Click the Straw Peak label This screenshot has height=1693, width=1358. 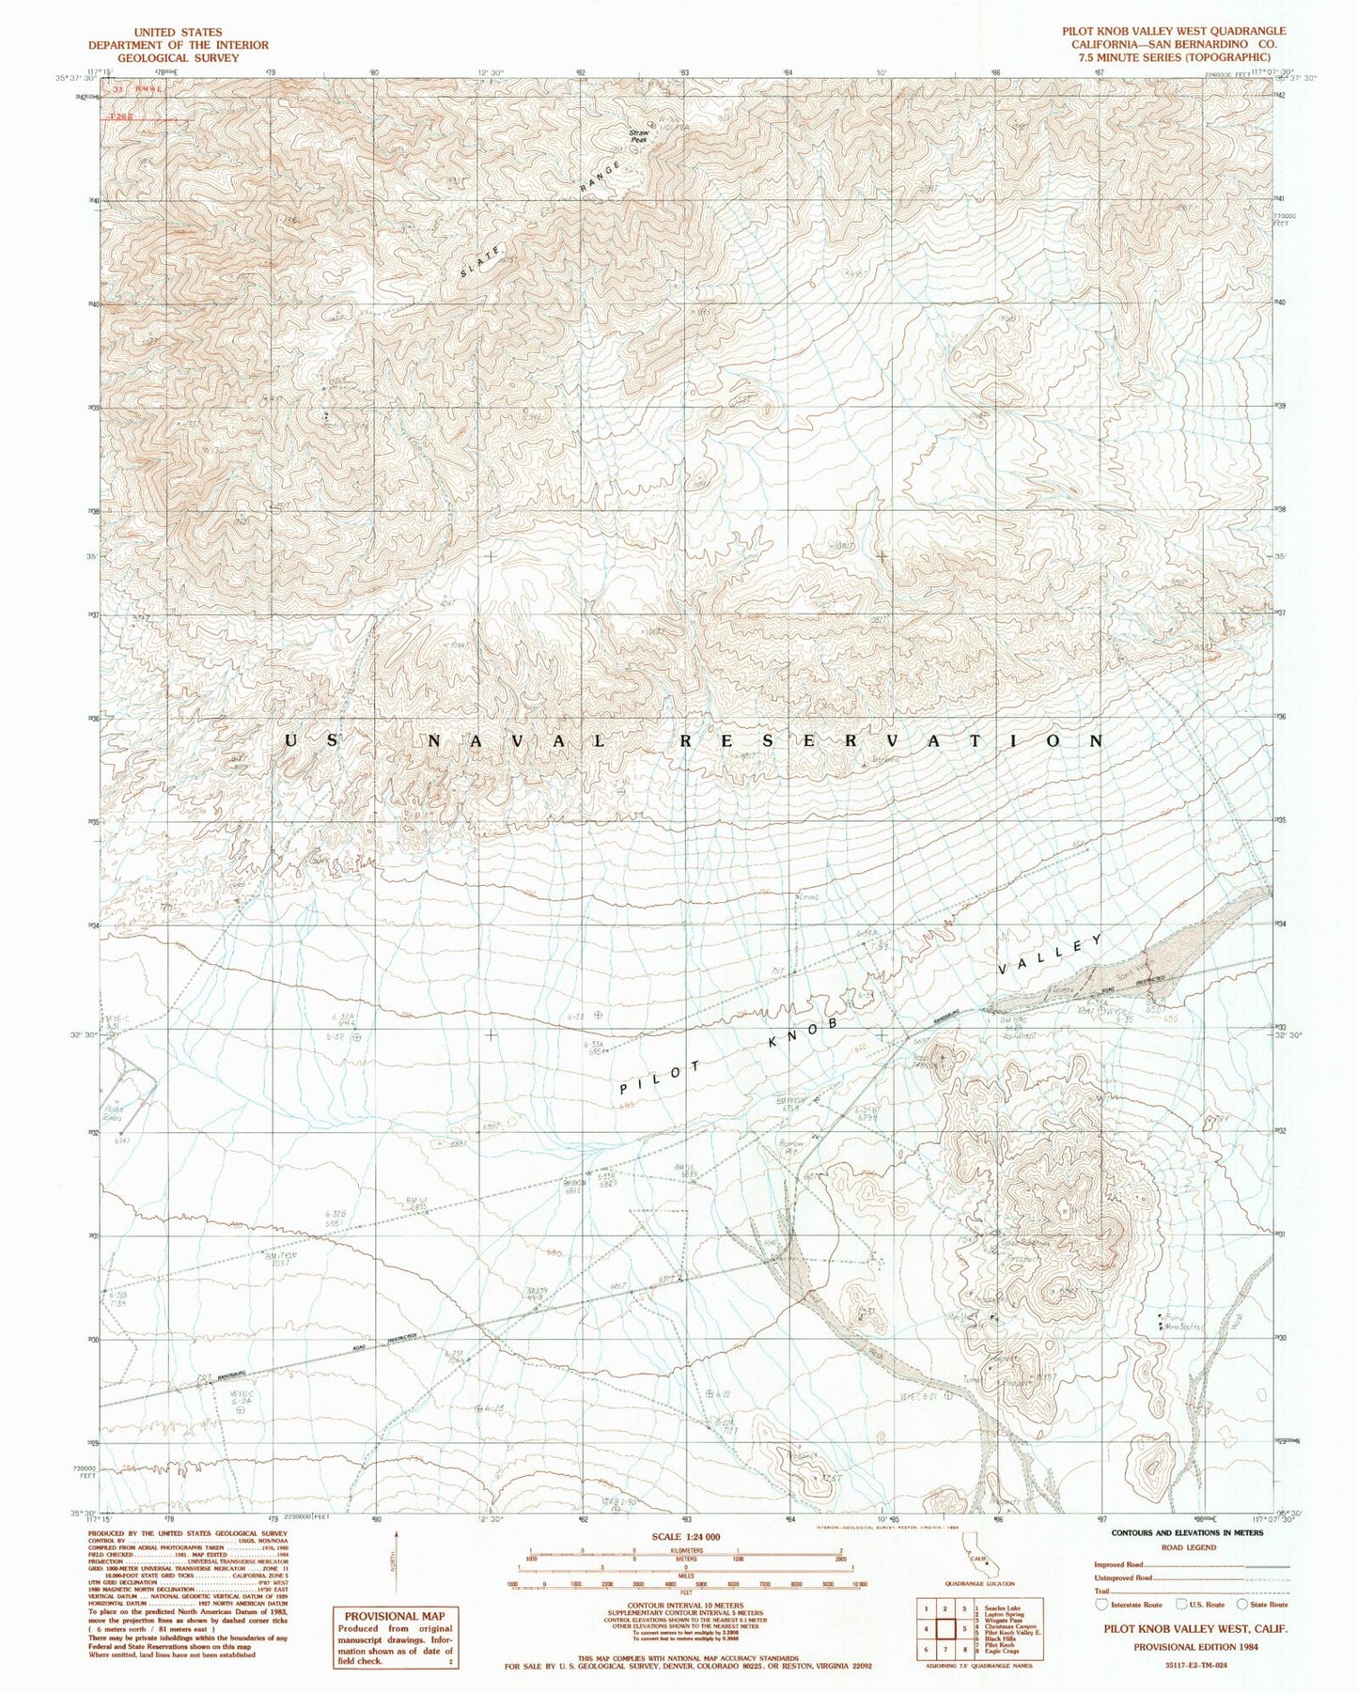639,136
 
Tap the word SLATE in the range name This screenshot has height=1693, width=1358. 485,259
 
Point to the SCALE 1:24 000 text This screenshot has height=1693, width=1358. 679,1537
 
